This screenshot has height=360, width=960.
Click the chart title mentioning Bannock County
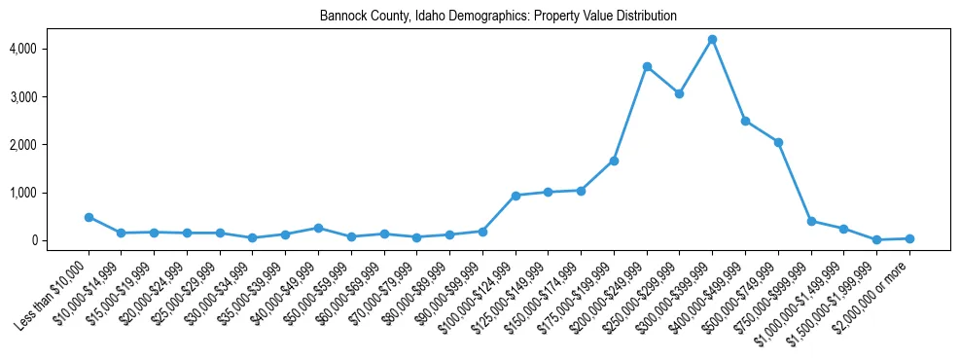(x=498, y=17)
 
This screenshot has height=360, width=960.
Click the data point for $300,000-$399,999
(x=712, y=39)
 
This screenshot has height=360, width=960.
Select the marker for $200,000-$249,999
(x=647, y=66)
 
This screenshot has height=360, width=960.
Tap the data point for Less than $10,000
(x=89, y=217)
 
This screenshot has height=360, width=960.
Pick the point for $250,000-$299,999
(x=679, y=93)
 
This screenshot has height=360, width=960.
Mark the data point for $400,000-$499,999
(x=745, y=121)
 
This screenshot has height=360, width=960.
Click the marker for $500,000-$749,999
(x=778, y=142)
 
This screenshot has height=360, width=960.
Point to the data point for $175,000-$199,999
(x=614, y=161)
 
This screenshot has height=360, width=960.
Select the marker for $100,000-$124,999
(x=516, y=196)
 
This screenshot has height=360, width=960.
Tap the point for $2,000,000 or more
(x=909, y=238)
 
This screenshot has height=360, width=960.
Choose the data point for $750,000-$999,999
(x=811, y=221)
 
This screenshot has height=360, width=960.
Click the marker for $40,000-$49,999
(x=318, y=228)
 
